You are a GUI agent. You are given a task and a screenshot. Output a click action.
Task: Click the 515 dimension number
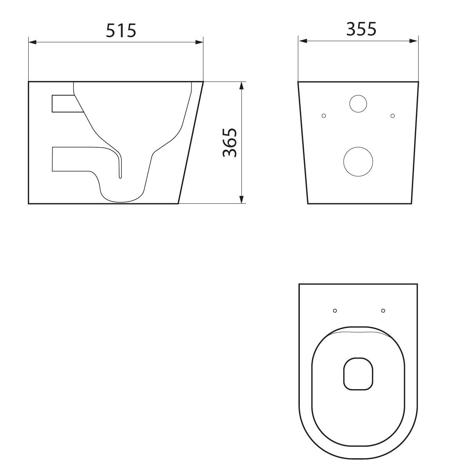pyautogui.click(x=121, y=31)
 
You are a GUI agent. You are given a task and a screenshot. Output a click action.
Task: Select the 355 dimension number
pyautogui.click(x=361, y=29)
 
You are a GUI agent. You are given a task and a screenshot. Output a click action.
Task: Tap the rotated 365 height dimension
pyautogui.click(x=230, y=143)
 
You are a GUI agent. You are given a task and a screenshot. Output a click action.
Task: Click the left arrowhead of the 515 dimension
pyautogui.click(x=33, y=42)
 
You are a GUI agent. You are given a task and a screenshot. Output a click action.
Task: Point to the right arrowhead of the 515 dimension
pyautogui.click(x=199, y=42)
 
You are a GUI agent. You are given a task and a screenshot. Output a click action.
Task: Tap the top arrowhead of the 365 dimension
pyautogui.click(x=242, y=86)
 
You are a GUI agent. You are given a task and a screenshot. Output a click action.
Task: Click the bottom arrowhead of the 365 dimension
pyautogui.click(x=242, y=199)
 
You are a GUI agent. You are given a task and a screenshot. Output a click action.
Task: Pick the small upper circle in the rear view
pyautogui.click(x=358, y=104)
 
